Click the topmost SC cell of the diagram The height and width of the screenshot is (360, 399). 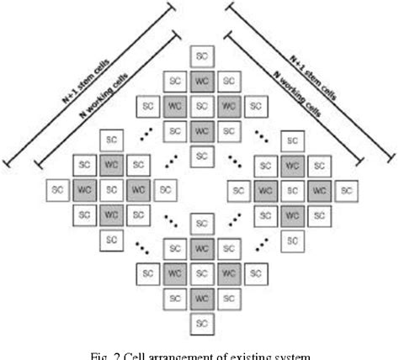click(200, 56)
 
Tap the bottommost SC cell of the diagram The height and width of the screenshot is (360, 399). click(200, 323)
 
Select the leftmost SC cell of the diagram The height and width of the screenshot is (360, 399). click(57, 190)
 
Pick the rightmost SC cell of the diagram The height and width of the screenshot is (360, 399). click(345, 190)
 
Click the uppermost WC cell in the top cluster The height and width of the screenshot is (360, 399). click(200, 82)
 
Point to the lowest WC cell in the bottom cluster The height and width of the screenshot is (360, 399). click(200, 298)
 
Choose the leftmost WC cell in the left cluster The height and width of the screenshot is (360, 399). click(85, 190)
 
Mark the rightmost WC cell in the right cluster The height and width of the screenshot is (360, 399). click(318, 190)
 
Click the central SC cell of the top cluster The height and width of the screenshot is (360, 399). click(200, 107)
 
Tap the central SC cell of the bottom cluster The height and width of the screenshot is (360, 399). click(200, 273)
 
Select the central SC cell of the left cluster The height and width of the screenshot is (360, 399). click(112, 190)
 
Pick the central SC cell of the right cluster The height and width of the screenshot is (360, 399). click(291, 190)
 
